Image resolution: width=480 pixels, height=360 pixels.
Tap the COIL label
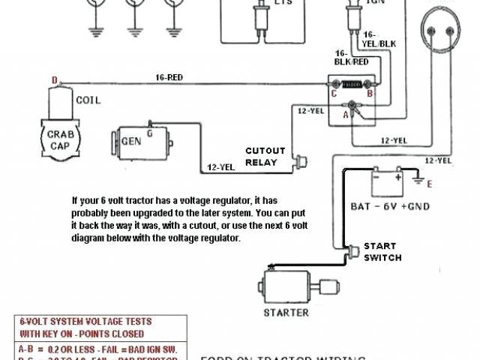85,99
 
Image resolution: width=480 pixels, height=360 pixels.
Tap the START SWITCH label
382,251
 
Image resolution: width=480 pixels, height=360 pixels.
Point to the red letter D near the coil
54,80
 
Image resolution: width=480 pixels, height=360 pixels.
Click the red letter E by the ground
429,184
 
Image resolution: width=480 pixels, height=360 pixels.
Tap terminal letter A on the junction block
345,115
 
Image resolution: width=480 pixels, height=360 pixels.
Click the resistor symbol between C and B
352,87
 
